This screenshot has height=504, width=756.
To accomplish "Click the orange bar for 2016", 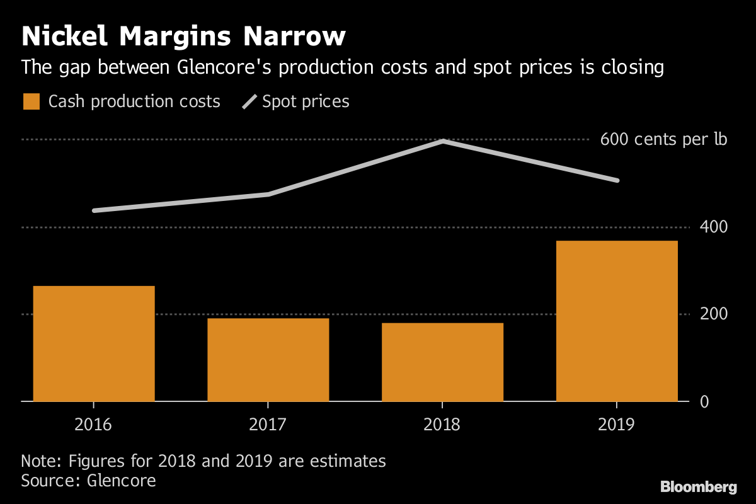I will [x=94, y=343].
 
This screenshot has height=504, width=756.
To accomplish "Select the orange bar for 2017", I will [x=268, y=360].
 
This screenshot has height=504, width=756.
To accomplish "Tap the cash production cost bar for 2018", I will [x=442, y=362].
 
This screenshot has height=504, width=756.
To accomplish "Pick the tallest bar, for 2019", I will [x=617, y=321].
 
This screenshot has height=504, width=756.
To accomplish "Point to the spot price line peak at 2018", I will [x=443, y=141].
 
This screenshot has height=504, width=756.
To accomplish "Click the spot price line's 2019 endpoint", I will [x=617, y=181].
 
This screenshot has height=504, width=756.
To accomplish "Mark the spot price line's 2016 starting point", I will [x=94, y=210].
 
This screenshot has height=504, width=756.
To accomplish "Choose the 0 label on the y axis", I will [x=704, y=401].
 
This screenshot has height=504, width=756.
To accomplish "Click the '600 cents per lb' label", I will [x=663, y=139].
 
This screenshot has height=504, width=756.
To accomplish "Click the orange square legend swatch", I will [x=31, y=101].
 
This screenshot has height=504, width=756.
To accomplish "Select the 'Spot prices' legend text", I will [x=306, y=101].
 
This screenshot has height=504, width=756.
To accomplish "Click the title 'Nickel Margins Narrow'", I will [x=183, y=37].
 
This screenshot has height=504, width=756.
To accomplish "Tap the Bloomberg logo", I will [x=698, y=487].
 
